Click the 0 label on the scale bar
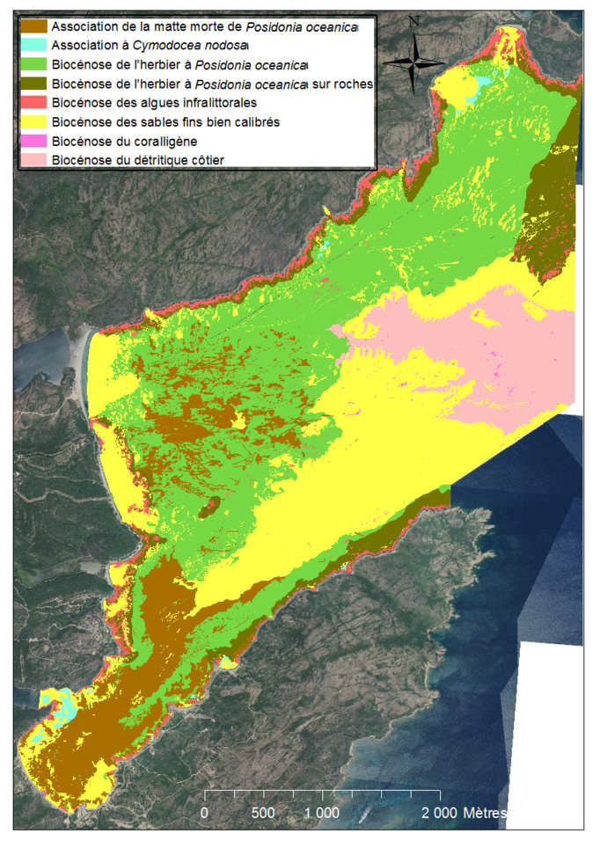point(205,813)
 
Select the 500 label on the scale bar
point(263,813)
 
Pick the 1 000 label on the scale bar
point(322,813)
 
